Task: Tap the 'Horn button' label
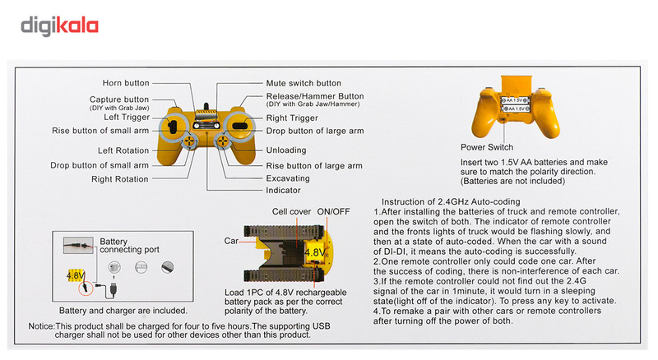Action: coord(125,83)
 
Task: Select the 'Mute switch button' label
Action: coord(304,83)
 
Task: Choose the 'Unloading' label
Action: coord(286,150)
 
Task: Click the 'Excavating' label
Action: coord(289,178)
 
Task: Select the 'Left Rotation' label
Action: coord(123,150)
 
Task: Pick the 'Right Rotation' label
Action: coord(120,178)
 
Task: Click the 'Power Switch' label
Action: coord(487,147)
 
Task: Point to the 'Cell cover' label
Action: coord(292,212)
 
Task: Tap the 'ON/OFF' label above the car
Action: coord(333,212)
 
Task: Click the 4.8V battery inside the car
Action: coord(314,252)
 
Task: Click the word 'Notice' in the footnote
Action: coord(43,326)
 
